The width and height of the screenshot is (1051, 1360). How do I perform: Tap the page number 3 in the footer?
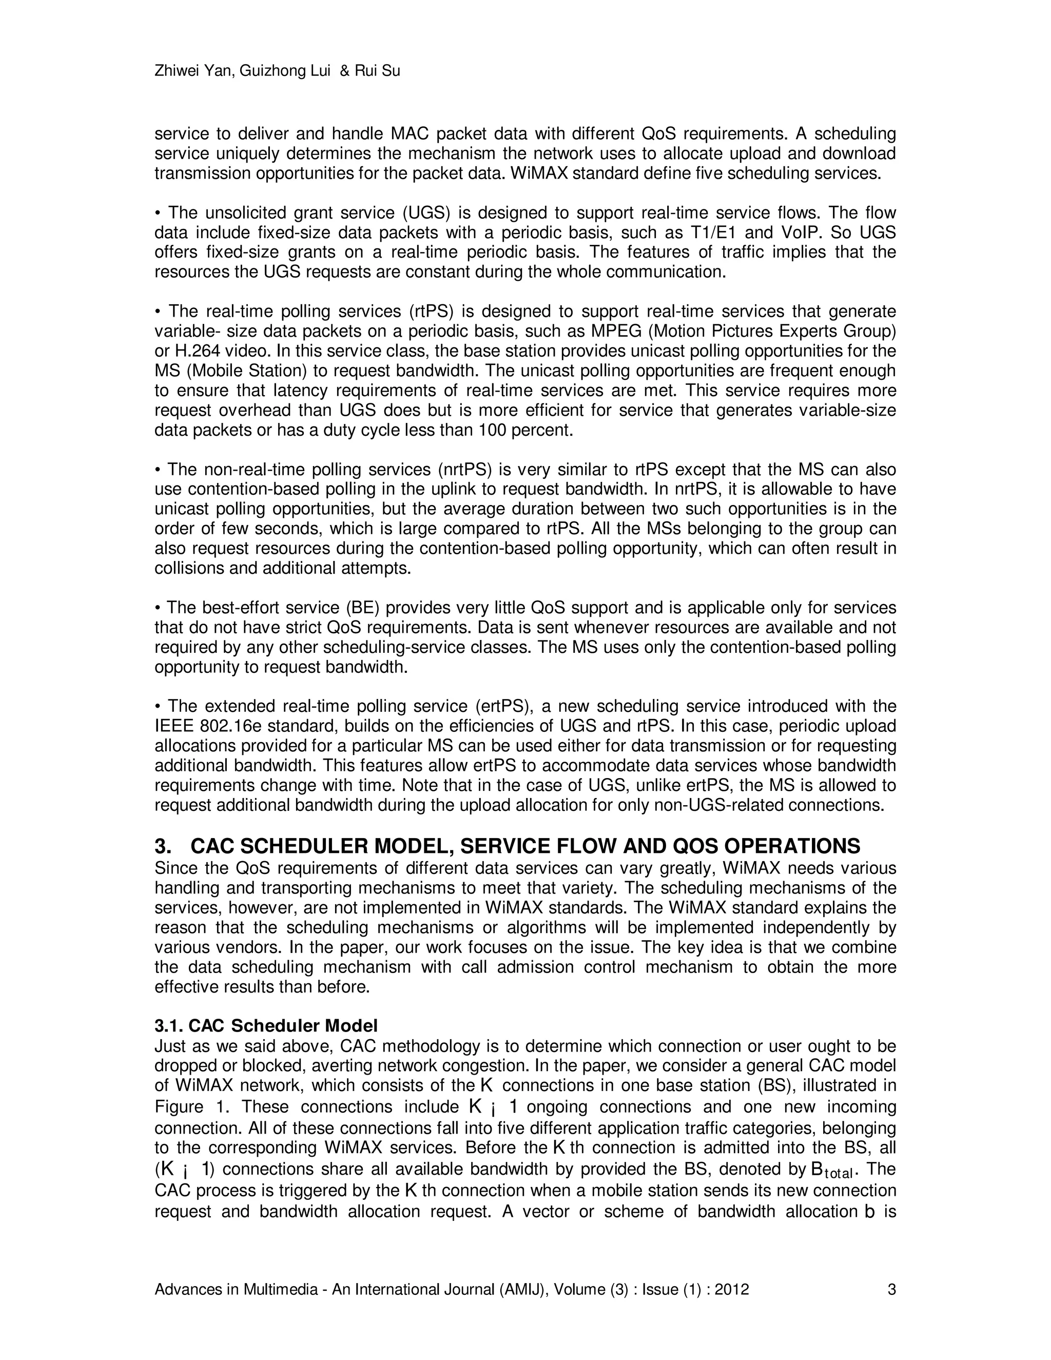pos(891,1290)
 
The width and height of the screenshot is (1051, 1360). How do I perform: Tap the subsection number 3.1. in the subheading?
pos(169,1025)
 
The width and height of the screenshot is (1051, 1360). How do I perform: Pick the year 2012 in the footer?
pos(732,1290)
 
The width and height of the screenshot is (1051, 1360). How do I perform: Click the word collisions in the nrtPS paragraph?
pos(190,569)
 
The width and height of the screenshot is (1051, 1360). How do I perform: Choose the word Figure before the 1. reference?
pos(179,1106)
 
